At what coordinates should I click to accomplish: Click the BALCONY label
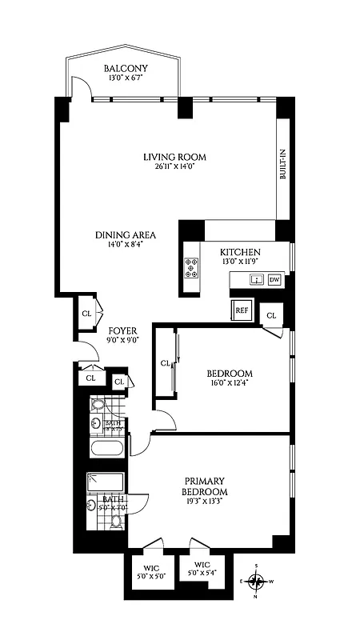123,69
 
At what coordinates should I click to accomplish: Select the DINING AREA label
125,235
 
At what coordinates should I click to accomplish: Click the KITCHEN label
241,253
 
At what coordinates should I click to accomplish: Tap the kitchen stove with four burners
192,266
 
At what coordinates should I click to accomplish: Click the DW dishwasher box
274,279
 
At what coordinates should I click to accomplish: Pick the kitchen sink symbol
256,279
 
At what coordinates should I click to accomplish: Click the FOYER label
122,330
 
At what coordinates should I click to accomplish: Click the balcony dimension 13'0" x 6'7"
123,79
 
